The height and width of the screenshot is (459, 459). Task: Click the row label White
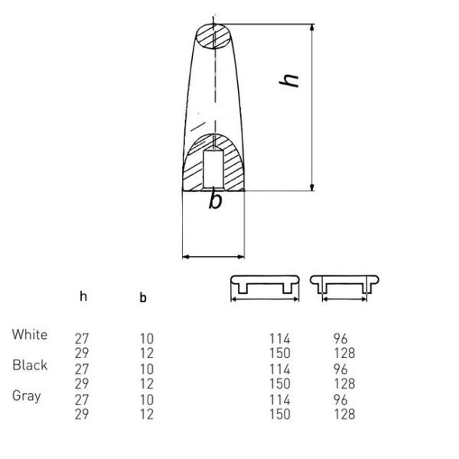30,334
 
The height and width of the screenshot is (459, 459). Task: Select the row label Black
30,365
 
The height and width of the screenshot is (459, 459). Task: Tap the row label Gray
26,396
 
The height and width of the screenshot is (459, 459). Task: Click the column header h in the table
83,297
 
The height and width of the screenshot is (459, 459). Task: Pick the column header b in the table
143,298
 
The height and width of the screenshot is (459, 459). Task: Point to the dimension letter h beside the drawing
289,80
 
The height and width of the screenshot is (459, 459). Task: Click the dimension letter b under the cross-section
216,201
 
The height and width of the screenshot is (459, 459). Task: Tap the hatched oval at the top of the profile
213,36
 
